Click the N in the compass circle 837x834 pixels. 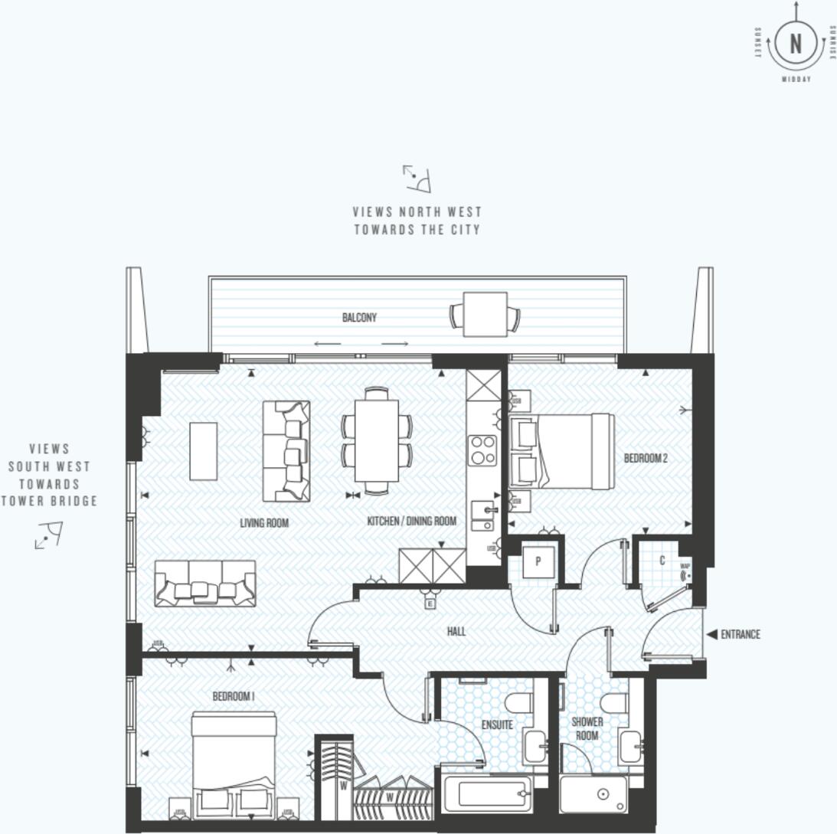tap(796, 44)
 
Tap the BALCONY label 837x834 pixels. tap(359, 318)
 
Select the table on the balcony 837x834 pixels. tap(485, 315)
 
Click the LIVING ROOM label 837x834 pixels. tap(263, 523)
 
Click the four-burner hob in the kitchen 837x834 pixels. tap(482, 450)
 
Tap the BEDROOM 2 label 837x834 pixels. tap(646, 459)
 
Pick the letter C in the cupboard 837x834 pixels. tap(662, 561)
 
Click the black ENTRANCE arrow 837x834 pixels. tap(711, 634)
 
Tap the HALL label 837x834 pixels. tap(456, 632)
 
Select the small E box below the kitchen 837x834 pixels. tap(430, 604)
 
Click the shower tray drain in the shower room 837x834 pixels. tap(603, 795)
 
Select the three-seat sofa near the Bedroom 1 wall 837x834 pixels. tap(204, 583)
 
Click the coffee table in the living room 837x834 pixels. tap(203, 451)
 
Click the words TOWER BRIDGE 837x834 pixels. tap(49, 502)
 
